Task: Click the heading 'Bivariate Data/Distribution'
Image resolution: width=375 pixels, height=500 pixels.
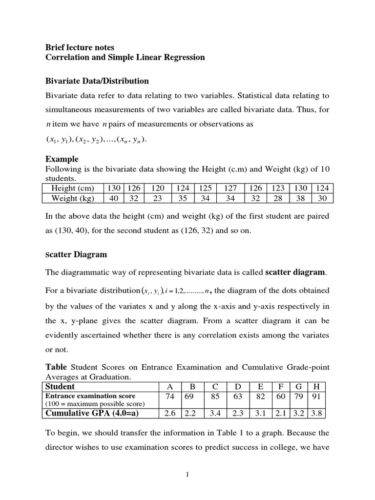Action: click(97, 81)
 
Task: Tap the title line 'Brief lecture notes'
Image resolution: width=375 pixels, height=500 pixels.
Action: click(80, 47)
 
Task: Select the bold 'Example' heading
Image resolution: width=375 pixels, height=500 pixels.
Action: click(62, 159)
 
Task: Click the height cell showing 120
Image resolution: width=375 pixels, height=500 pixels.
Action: click(157, 188)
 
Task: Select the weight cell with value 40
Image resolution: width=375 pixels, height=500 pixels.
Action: click(113, 198)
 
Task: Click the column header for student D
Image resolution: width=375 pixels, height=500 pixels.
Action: click(238, 387)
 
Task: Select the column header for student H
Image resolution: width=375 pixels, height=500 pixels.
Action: click(316, 387)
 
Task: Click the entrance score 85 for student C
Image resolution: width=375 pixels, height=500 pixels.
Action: click(215, 396)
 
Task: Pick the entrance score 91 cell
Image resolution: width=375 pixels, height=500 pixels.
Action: click(316, 396)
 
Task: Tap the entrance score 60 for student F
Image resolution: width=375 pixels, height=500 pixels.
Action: click(281, 396)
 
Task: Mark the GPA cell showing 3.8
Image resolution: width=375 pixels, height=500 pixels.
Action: click(316, 413)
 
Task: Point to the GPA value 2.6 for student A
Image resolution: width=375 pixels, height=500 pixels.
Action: click(170, 413)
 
